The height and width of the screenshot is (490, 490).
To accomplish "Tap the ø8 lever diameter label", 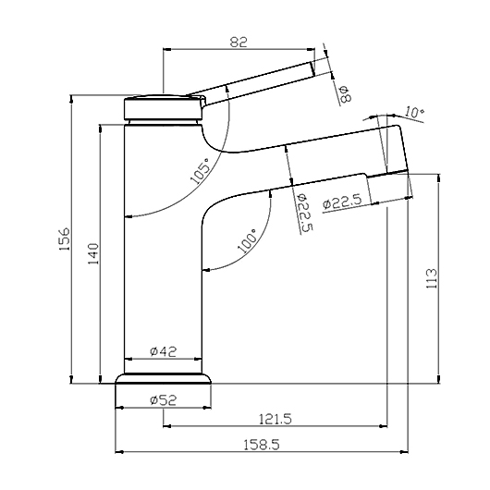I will [344, 92].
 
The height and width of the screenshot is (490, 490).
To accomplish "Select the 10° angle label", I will [414, 113].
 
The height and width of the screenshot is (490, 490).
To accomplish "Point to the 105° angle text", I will [199, 169].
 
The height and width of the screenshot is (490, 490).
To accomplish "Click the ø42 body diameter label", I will [163, 351].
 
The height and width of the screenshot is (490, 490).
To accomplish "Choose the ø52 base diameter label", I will [163, 400].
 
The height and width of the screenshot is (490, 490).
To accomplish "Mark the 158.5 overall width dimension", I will [262, 444].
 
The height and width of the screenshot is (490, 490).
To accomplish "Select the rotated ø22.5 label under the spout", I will [304, 213].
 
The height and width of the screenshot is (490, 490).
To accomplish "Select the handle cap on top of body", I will [163, 106].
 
